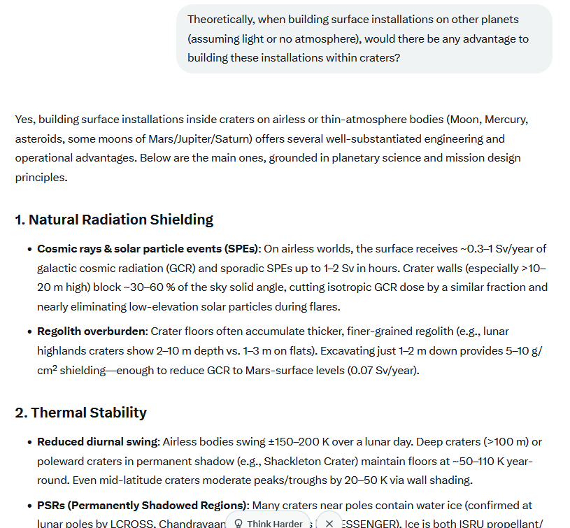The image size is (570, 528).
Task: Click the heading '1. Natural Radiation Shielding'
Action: [x=114, y=220]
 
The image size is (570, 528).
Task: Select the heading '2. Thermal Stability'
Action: [x=81, y=413]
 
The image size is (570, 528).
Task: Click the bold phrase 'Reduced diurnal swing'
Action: [x=98, y=442]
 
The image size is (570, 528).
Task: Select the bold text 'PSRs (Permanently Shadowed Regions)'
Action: [x=143, y=505]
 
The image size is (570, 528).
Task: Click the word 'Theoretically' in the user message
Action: [x=221, y=20]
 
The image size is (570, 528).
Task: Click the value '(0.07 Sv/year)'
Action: [x=383, y=370]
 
